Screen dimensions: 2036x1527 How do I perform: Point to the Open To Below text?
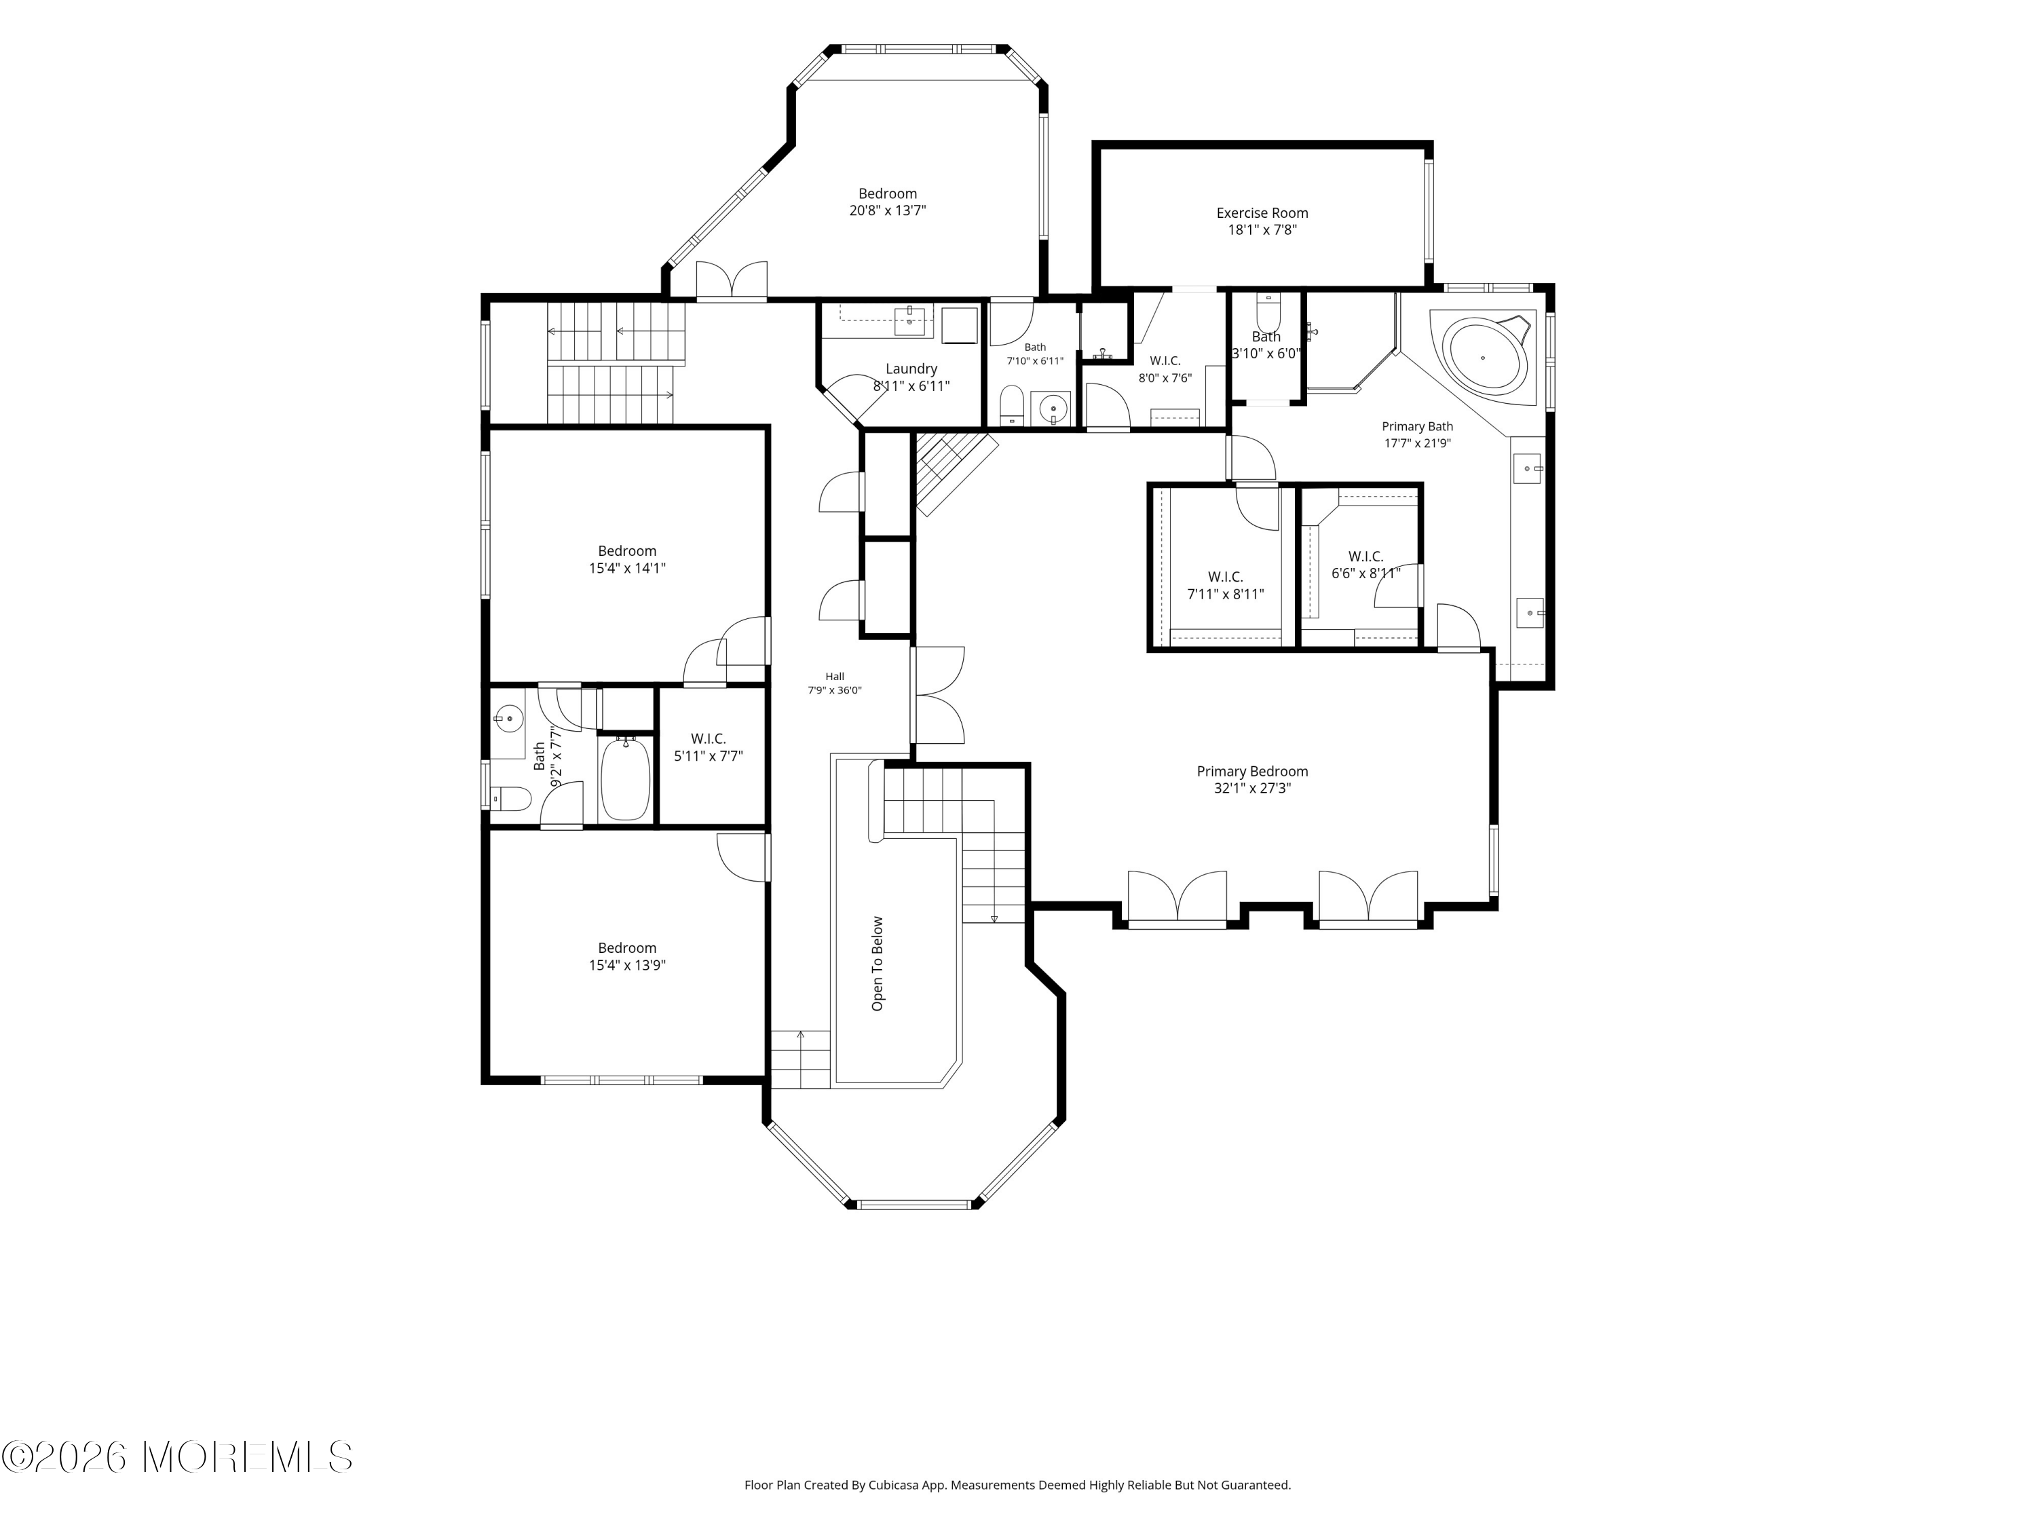click(x=877, y=964)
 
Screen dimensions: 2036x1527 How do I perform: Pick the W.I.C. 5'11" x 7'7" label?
click(x=709, y=747)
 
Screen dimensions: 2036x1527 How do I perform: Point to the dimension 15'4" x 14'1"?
click(x=627, y=569)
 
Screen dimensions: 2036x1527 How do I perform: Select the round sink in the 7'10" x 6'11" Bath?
click(x=1052, y=408)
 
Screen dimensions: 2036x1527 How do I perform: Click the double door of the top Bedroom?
click(x=732, y=281)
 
